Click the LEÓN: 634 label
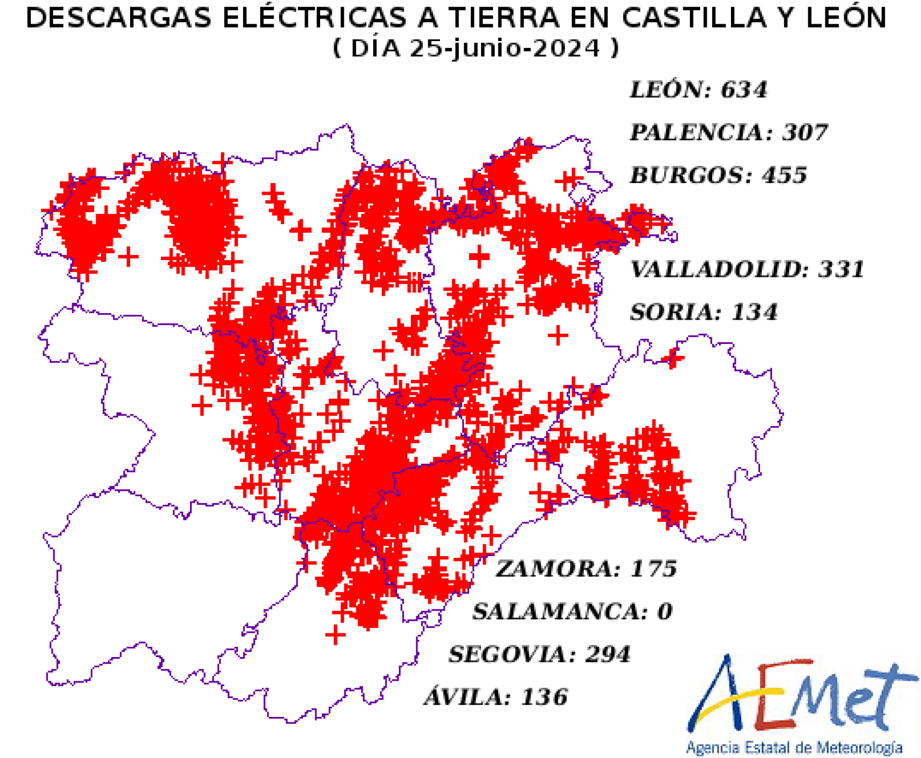697,90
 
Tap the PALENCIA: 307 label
728,133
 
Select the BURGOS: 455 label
718,175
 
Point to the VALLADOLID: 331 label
747,269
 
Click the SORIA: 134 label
703,313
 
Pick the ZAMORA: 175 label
586,569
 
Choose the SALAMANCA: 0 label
572,612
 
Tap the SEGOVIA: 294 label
539,654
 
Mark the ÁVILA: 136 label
495,697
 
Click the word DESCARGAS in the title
119,18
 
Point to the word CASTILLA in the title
694,18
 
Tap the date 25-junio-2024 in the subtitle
505,49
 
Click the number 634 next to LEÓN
744,90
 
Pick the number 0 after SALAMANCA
665,612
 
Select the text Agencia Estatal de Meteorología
794,748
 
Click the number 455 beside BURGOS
784,175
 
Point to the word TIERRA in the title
505,18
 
